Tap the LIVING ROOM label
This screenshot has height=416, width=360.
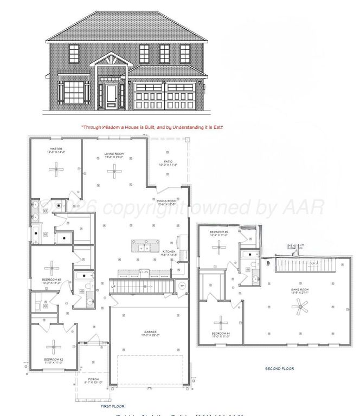pos(114,154)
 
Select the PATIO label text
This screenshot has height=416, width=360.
pos(168,161)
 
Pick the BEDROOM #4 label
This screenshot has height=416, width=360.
pos(220,333)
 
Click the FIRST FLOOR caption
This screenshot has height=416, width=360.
pos(113,406)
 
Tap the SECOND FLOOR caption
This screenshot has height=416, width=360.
pos(279,368)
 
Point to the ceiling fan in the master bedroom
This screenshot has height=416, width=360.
pos(56,170)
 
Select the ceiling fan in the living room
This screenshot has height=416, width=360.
pos(114,172)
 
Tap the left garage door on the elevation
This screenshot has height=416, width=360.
pos(147,96)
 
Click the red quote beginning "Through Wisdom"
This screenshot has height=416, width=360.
pos(152,127)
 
